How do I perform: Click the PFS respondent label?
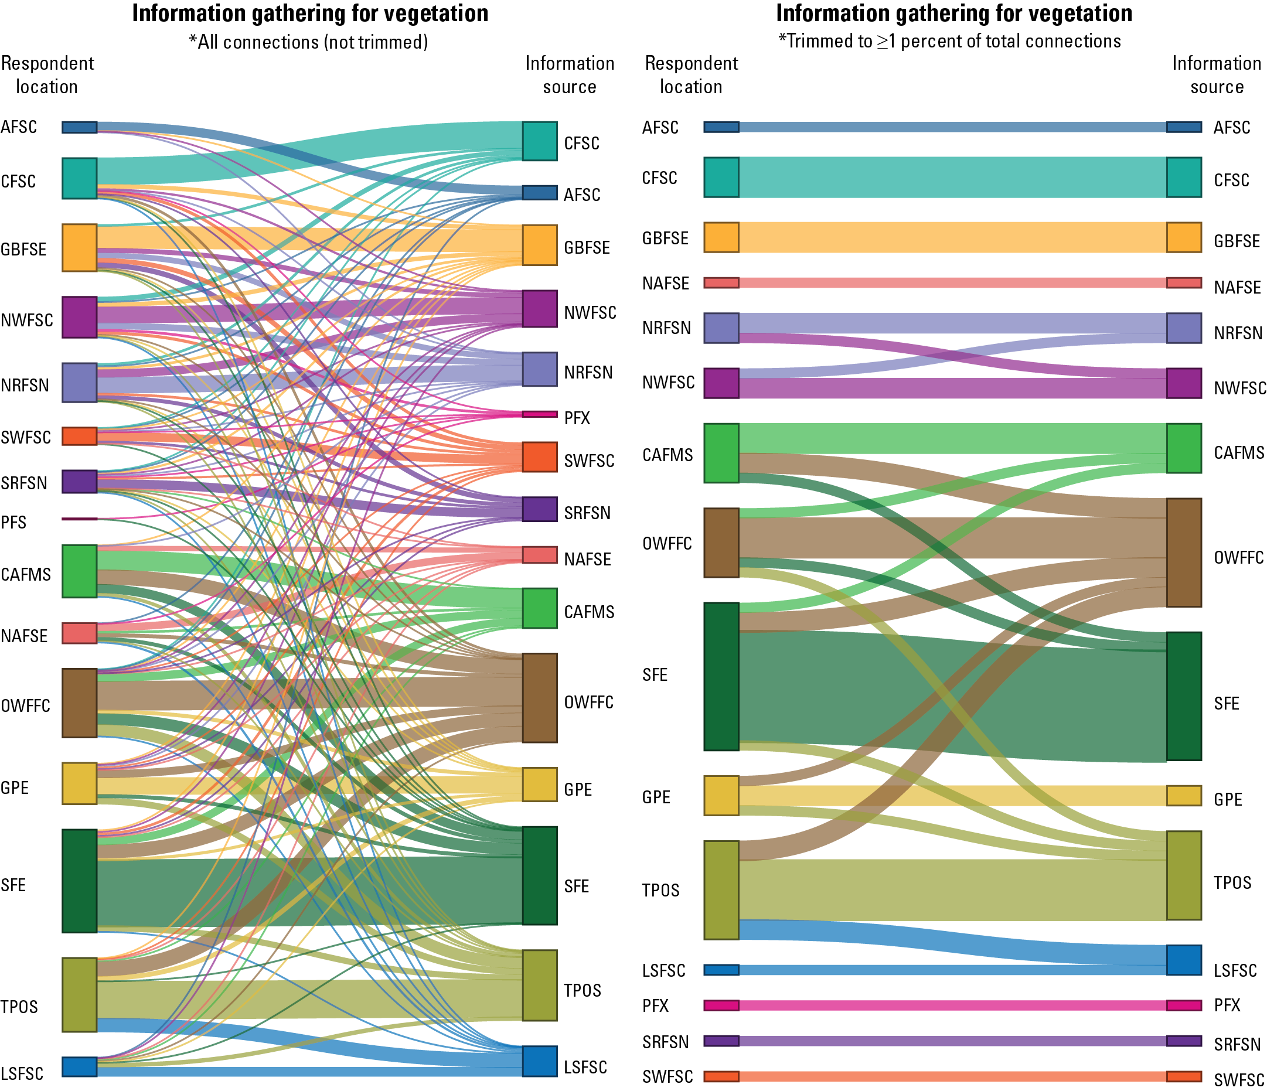click(x=13, y=523)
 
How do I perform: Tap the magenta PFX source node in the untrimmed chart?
click(x=539, y=414)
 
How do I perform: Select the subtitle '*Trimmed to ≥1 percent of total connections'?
click(x=949, y=41)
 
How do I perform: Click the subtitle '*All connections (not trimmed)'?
click(x=308, y=42)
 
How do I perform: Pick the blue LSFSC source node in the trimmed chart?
click(x=1184, y=960)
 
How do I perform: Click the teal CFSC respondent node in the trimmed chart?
click(x=721, y=178)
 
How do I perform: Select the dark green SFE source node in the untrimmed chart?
click(x=539, y=875)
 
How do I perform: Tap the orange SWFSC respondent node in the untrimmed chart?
click(x=80, y=436)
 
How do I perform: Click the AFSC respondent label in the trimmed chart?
click(x=660, y=127)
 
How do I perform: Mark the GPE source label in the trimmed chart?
click(x=1228, y=799)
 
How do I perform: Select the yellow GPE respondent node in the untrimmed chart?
click(x=80, y=783)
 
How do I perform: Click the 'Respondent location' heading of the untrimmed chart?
click(x=47, y=74)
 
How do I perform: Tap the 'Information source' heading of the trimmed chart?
click(x=1216, y=74)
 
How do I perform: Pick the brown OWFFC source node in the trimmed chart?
click(x=1184, y=552)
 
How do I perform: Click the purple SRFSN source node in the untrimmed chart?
click(x=539, y=509)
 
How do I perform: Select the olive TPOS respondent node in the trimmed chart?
click(x=721, y=890)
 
